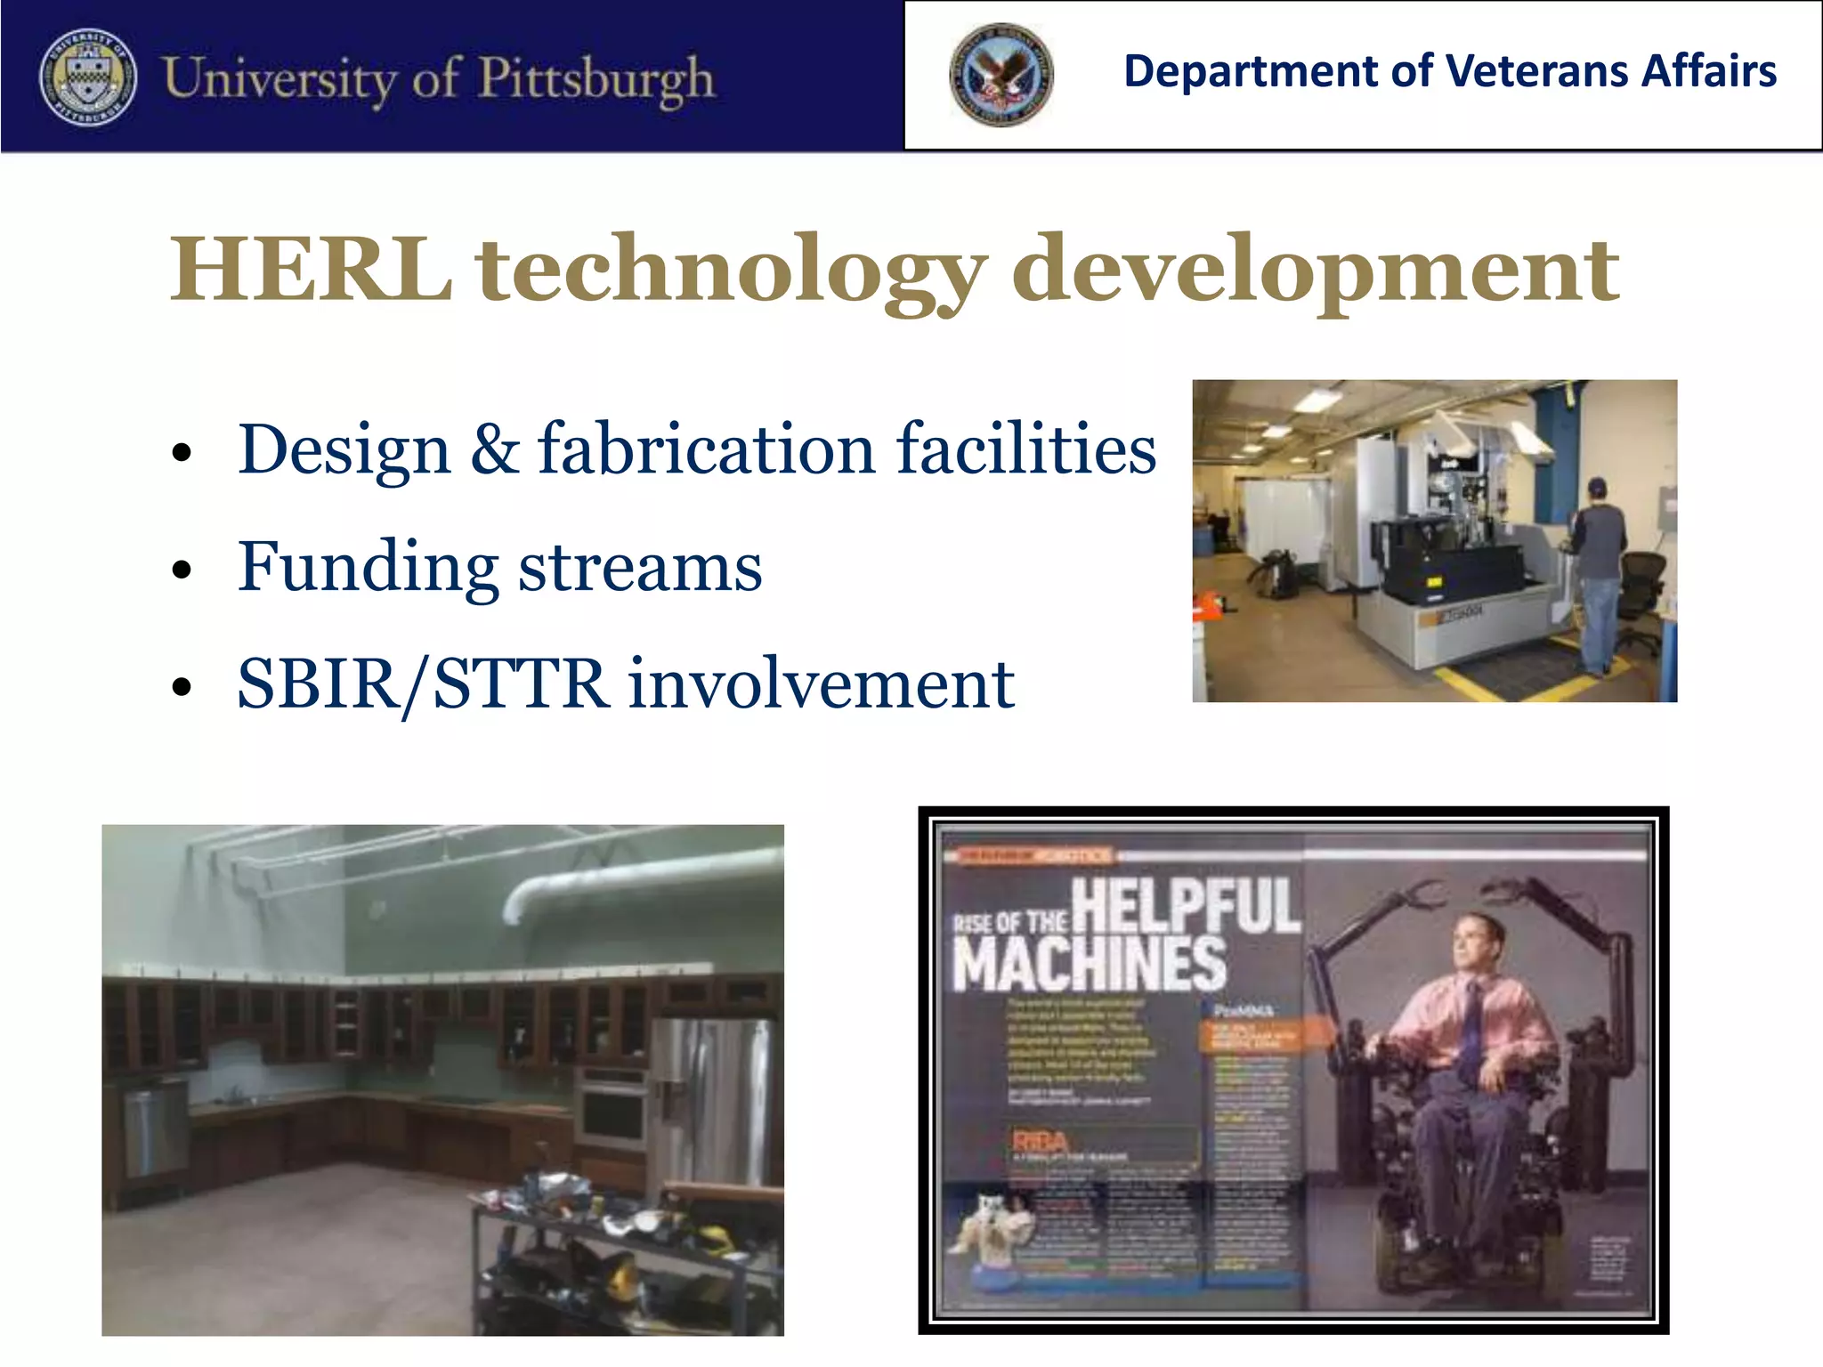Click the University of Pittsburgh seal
point(88,77)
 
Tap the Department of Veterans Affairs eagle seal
point(1001,75)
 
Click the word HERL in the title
point(311,270)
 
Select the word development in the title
point(1315,270)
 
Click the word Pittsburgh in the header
point(596,78)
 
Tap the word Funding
point(368,567)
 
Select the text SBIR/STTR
point(423,683)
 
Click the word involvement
point(821,683)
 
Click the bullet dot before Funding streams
point(182,570)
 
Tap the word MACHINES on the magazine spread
point(1090,963)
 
